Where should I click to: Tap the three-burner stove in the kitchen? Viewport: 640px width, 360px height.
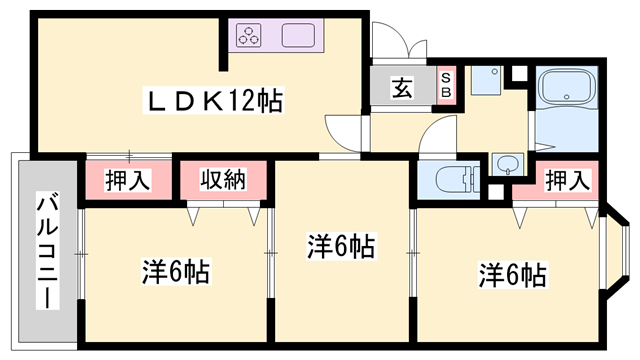(249, 37)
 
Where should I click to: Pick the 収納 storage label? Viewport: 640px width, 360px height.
(222, 181)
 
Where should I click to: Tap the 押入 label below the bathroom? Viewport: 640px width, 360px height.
(566, 181)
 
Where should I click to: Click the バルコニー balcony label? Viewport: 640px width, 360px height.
(46, 249)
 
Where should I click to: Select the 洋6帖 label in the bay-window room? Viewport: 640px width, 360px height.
(511, 273)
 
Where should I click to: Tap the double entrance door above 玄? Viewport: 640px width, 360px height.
(397, 45)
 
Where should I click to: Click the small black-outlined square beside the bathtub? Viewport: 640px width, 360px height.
(517, 74)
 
